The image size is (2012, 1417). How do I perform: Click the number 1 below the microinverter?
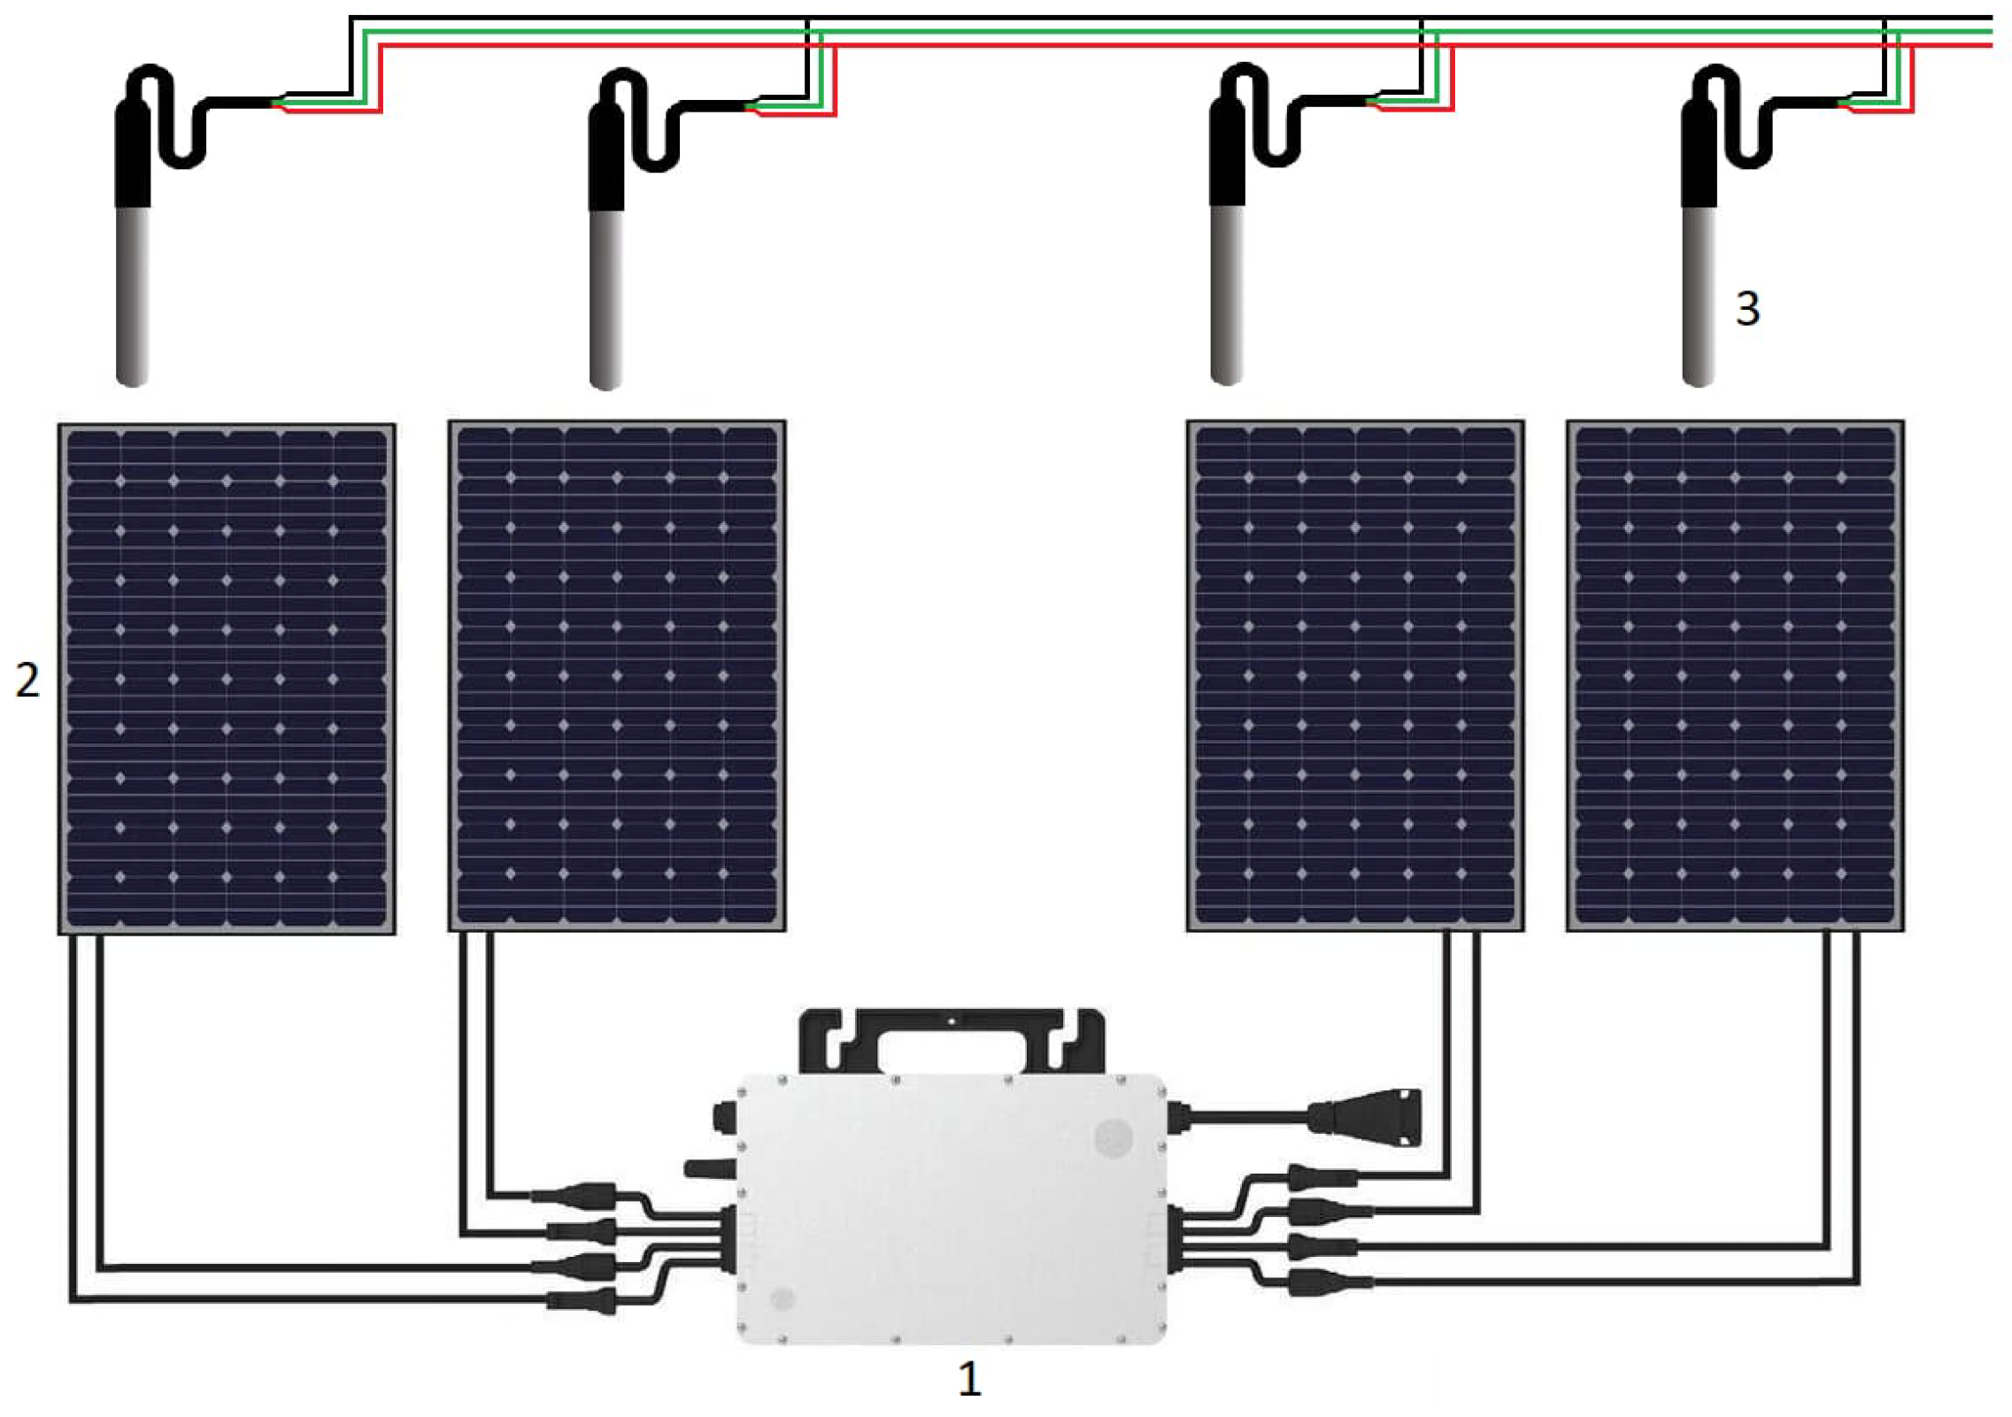point(969,1378)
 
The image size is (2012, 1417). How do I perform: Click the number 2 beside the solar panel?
point(27,680)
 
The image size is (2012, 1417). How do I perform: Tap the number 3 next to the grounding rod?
point(1747,308)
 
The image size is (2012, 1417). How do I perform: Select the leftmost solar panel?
point(227,678)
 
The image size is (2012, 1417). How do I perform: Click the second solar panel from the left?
point(617,676)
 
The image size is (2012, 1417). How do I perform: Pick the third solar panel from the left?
point(1355,676)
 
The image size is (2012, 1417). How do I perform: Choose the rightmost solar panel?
point(1735,676)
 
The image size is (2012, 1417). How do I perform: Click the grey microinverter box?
point(952,1207)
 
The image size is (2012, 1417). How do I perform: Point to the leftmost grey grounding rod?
point(133,296)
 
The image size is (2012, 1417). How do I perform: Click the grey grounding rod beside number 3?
point(1699,296)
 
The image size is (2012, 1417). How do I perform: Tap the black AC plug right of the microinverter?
point(1368,1116)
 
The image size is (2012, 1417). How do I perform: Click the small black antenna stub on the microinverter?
point(709,1168)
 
